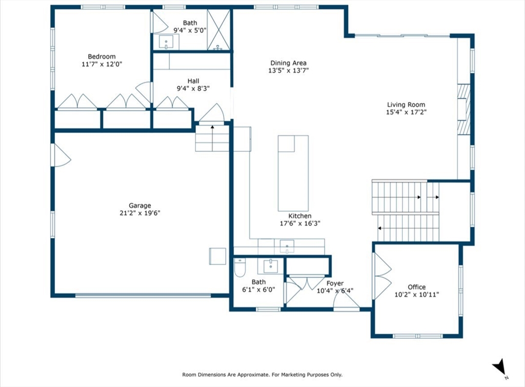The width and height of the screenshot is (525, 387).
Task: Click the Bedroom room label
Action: (x=102, y=56)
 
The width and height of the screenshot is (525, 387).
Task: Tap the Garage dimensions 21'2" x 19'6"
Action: (x=140, y=213)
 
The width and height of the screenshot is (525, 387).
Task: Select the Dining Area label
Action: (x=288, y=63)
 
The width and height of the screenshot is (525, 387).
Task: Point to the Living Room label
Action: (x=406, y=105)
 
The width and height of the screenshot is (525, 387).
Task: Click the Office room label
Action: (x=416, y=287)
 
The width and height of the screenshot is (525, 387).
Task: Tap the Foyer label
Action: (x=335, y=283)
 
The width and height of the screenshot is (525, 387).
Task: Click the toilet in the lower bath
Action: (x=240, y=268)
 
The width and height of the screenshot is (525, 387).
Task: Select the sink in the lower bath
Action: (x=271, y=266)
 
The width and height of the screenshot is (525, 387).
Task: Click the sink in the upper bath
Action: (x=166, y=42)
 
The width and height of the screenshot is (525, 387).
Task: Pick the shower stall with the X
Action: (x=218, y=30)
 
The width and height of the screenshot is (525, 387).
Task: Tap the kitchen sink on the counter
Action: (x=287, y=247)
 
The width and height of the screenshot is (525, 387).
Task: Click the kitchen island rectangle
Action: (x=293, y=173)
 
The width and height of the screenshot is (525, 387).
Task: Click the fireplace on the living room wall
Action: (x=464, y=109)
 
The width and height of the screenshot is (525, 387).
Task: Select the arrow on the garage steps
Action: (x=212, y=138)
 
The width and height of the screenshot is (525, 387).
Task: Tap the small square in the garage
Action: (x=217, y=256)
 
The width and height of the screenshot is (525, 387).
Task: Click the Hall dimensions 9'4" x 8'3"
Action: (x=193, y=88)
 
